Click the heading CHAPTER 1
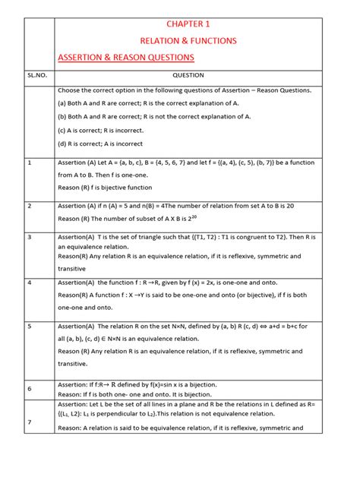[187, 24]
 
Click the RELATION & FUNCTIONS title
[187, 39]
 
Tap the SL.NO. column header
[37, 75]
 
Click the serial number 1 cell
[30, 163]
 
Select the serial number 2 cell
[30, 206]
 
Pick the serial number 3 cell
[30, 237]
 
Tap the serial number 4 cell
[30, 282]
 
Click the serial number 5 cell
[30, 326]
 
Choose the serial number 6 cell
[30, 388]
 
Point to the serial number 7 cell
[30, 422]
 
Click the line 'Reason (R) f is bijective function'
[105, 188]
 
